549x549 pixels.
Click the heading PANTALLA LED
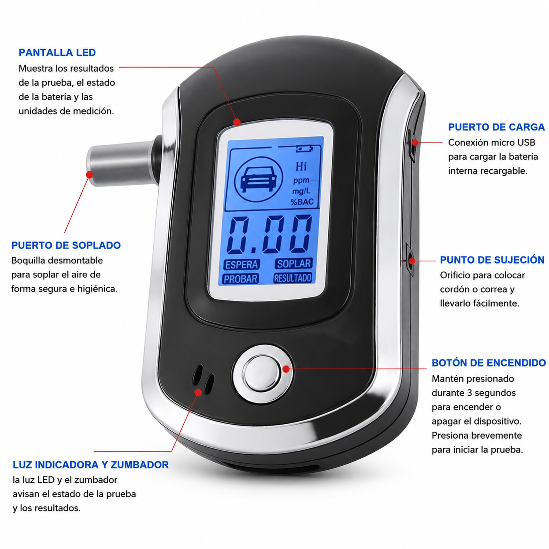(x=57, y=53)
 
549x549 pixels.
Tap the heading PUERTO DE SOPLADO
(x=66, y=245)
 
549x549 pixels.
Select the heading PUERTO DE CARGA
(x=496, y=127)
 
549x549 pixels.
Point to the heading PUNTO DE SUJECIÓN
(x=492, y=260)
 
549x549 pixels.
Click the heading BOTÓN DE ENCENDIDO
(x=488, y=363)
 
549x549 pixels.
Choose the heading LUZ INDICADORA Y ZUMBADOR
(x=91, y=465)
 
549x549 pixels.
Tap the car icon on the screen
(x=259, y=179)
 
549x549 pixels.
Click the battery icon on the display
(x=304, y=149)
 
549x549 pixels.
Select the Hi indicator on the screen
(x=301, y=166)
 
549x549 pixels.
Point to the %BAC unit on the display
(x=302, y=202)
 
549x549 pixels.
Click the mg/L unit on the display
(x=301, y=191)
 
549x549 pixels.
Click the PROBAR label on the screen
(x=240, y=279)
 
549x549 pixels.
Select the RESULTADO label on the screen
(x=293, y=278)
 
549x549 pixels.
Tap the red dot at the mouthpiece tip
(x=90, y=175)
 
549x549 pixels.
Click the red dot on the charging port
(x=415, y=142)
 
